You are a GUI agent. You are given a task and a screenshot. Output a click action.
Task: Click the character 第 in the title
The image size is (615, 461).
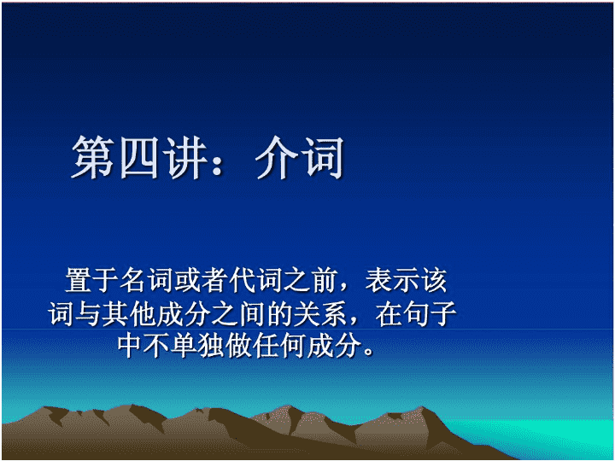click(92, 157)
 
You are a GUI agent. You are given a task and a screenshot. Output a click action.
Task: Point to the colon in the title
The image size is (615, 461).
click(217, 160)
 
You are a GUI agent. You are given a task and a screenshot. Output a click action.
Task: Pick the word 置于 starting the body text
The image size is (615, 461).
click(91, 280)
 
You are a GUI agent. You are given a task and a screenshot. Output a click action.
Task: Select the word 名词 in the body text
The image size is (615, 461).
click(146, 280)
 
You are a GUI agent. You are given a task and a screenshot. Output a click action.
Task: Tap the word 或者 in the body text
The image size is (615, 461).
click(201, 280)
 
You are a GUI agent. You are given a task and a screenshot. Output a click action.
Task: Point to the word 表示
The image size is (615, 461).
click(392, 280)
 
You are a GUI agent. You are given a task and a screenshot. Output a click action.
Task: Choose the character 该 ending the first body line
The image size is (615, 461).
click(433, 280)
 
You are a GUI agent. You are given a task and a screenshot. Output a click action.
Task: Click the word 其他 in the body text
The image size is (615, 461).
click(129, 313)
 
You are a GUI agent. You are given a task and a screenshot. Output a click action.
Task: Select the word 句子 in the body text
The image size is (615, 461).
click(430, 313)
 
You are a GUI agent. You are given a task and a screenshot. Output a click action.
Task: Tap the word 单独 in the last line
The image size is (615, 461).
click(198, 346)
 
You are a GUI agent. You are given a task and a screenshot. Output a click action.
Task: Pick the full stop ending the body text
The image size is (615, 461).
click(369, 351)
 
